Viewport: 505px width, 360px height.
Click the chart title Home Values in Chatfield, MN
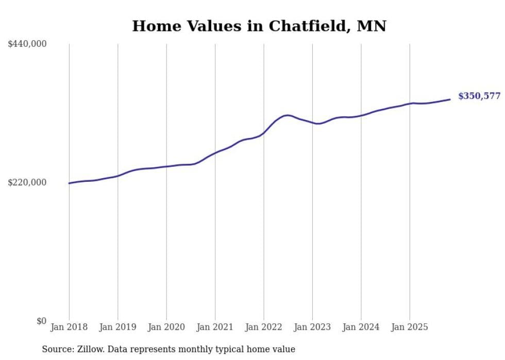pos(259,26)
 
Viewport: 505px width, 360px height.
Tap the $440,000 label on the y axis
pos(27,44)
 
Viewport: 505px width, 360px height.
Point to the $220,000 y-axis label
pos(27,182)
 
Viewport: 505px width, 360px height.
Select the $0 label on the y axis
pos(41,321)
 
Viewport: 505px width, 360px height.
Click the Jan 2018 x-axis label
pos(69,327)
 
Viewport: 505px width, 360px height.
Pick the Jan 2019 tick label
pos(117,327)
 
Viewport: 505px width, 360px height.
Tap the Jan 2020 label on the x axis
pos(166,327)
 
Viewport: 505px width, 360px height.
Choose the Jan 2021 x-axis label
pos(215,327)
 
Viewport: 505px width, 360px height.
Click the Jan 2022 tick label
pos(263,327)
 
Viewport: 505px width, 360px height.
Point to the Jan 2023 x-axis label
pos(312,327)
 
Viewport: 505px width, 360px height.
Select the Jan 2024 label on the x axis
pos(361,327)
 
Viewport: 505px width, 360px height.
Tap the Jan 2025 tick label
pos(410,327)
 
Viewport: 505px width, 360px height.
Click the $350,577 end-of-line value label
pos(479,96)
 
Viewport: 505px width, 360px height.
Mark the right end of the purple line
pos(450,99)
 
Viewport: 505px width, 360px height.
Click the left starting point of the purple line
pos(69,183)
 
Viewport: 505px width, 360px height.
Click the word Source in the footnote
pos(56,349)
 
